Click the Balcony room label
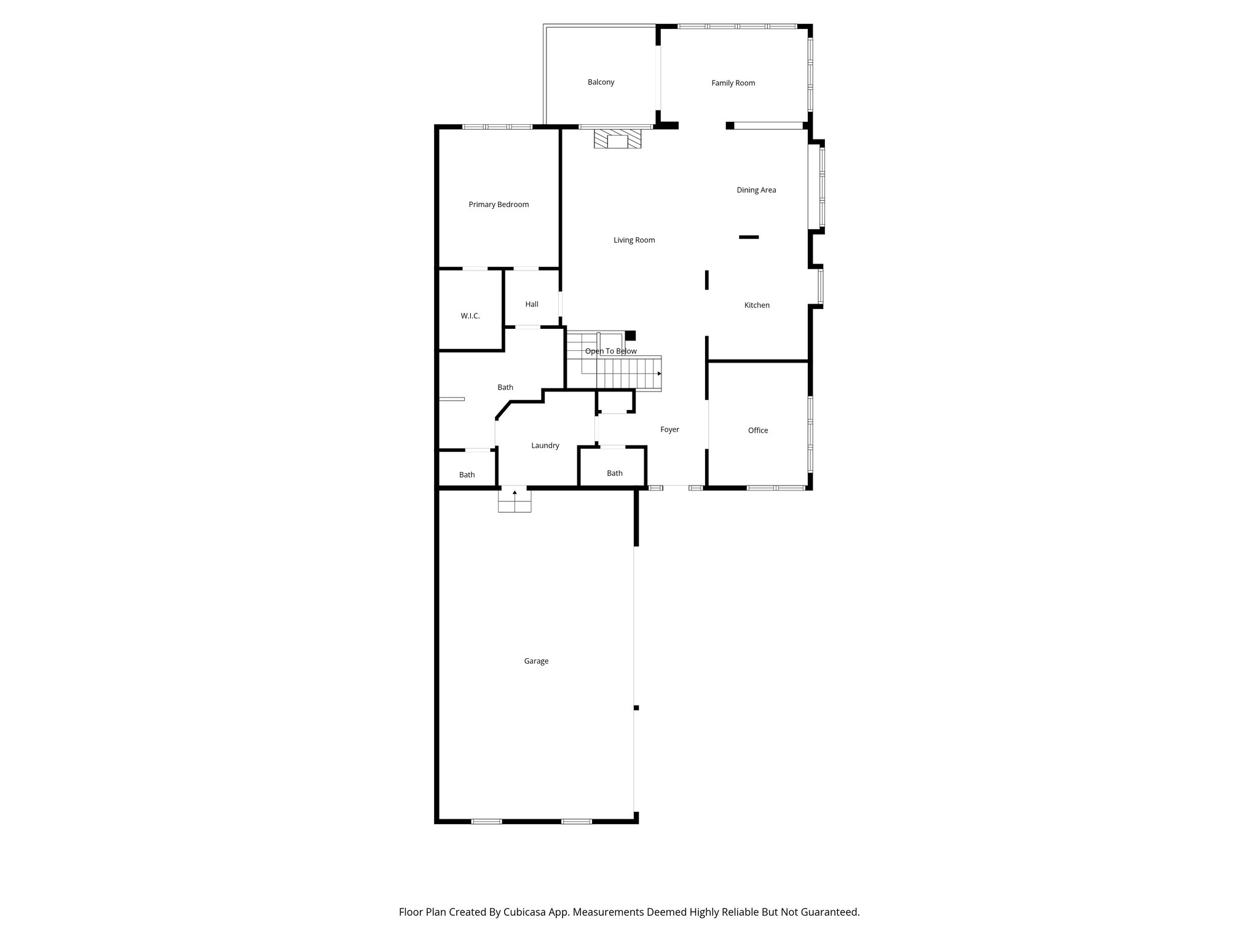(601, 82)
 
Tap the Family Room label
(733, 83)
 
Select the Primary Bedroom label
(499, 205)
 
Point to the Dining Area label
(756, 190)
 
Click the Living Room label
(634, 240)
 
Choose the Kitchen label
(757, 305)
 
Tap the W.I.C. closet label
(470, 316)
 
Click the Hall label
(532, 304)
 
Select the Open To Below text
(610, 351)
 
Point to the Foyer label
(669, 430)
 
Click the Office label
(758, 430)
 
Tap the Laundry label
(545, 446)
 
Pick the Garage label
(536, 661)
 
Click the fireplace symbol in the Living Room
(617, 139)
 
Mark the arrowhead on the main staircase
(659, 374)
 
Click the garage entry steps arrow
(515, 493)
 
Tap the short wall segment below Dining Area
(749, 237)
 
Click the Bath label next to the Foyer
(615, 473)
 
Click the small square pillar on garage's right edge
(636, 708)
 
